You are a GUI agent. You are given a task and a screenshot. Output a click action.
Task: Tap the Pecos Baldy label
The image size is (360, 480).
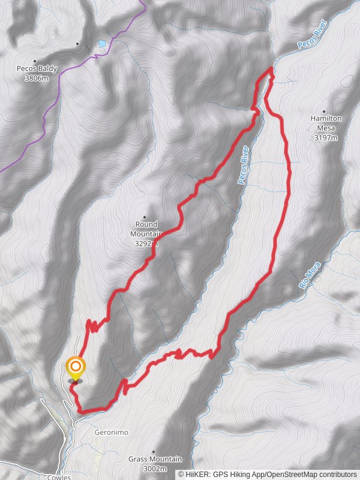37,69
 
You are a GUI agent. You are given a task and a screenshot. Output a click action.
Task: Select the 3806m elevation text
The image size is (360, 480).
37,78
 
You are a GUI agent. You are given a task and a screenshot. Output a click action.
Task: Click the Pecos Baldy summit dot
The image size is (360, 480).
35,61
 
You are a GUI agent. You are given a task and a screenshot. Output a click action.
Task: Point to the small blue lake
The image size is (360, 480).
102,44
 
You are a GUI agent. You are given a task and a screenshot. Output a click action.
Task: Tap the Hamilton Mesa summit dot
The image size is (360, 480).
324,111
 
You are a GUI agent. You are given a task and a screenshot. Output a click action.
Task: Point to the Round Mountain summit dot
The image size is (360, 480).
145,217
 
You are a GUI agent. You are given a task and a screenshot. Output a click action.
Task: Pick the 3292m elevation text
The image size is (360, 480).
146,244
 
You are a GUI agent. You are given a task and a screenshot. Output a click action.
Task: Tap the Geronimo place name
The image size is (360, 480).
112,432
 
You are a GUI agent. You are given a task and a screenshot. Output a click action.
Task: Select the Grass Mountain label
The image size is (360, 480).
155,460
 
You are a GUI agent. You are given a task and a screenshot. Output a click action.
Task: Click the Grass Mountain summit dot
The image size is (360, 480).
154,451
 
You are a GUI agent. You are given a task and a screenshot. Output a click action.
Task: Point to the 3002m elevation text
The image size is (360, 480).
155,469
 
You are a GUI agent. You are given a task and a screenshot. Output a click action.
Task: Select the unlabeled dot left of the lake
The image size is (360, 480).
77,44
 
